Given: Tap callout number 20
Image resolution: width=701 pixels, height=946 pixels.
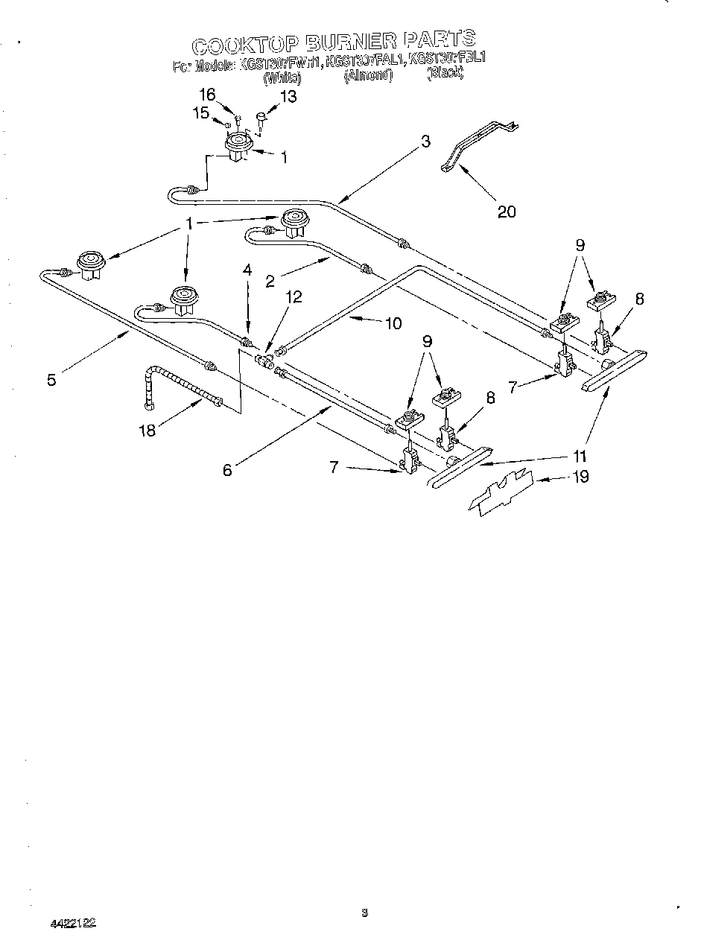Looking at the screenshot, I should pyautogui.click(x=506, y=212).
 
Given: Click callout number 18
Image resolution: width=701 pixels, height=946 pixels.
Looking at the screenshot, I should pyautogui.click(x=148, y=430).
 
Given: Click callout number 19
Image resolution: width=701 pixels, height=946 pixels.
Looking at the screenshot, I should pyautogui.click(x=580, y=476).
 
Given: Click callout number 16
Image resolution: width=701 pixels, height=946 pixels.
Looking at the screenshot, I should pyautogui.click(x=207, y=95).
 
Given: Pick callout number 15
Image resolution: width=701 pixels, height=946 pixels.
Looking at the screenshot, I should pyautogui.click(x=201, y=112).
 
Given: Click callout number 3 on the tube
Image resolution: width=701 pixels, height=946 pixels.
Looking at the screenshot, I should pyautogui.click(x=425, y=142).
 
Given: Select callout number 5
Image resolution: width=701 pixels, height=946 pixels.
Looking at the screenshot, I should pyautogui.click(x=51, y=380).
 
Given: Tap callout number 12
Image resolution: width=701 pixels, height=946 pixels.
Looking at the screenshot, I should pyautogui.click(x=294, y=296).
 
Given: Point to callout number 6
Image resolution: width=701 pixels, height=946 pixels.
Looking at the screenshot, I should pyautogui.click(x=228, y=469).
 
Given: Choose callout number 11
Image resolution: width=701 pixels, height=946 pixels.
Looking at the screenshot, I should pyautogui.click(x=580, y=457).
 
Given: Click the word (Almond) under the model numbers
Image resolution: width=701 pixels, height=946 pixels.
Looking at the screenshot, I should pyautogui.click(x=368, y=75).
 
